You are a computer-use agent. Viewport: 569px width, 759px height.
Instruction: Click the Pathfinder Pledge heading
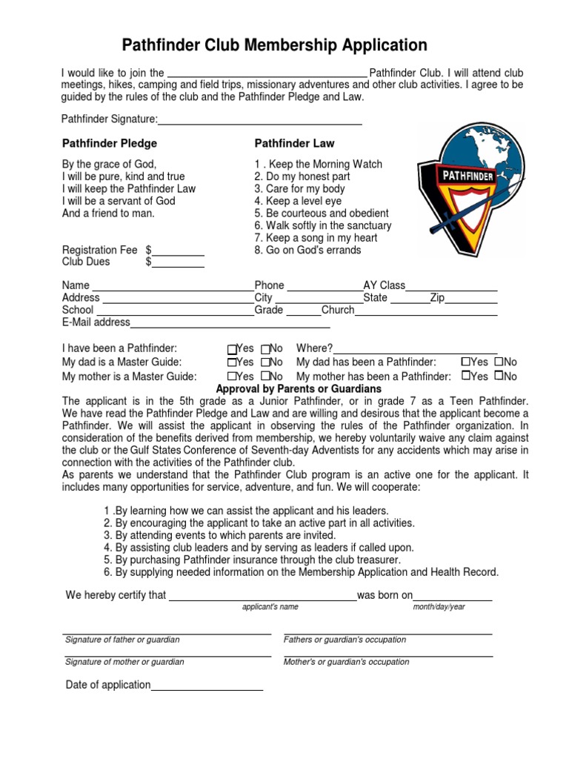(x=110, y=143)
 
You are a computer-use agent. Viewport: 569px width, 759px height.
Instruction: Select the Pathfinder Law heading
(x=294, y=143)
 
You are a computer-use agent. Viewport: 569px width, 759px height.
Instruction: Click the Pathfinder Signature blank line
(x=260, y=120)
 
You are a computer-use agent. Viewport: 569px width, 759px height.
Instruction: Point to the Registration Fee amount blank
(x=179, y=251)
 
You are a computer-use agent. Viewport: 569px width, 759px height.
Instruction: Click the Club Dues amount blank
(x=179, y=262)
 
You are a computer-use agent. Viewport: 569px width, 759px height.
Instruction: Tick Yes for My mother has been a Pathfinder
(x=466, y=376)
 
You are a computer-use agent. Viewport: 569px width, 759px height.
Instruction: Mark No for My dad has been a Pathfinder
(x=499, y=362)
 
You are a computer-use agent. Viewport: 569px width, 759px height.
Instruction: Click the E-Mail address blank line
(x=230, y=322)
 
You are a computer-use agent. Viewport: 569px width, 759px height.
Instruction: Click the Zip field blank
(x=471, y=298)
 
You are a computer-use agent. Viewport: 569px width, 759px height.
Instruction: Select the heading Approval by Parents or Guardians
(x=299, y=388)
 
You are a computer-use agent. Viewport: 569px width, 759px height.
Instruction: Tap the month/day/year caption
(x=439, y=607)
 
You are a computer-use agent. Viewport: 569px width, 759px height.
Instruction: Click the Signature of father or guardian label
(x=122, y=640)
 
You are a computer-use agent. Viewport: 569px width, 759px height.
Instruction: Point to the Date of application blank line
(x=207, y=686)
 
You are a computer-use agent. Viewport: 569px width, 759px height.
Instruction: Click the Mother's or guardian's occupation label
(x=346, y=662)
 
